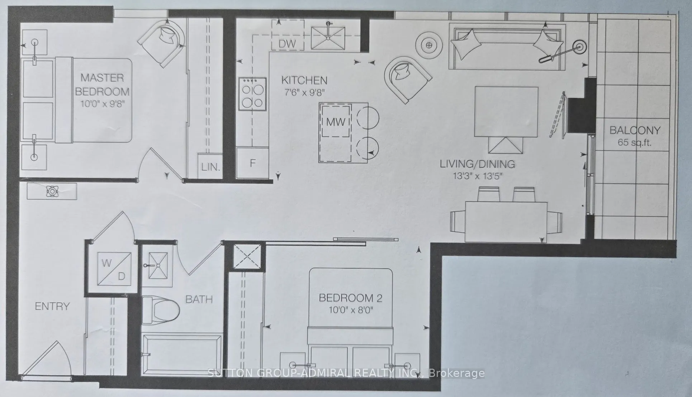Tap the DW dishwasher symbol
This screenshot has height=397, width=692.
288,43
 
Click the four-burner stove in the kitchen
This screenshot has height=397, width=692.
253,94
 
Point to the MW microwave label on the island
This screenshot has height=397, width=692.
336,122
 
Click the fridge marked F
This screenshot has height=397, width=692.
252,163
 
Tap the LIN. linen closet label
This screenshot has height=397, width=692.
210,166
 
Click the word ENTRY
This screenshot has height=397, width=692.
52,306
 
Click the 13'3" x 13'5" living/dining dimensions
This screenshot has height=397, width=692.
478,176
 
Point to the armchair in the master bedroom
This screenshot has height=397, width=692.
162,42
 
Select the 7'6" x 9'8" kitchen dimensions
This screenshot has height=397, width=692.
304,92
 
